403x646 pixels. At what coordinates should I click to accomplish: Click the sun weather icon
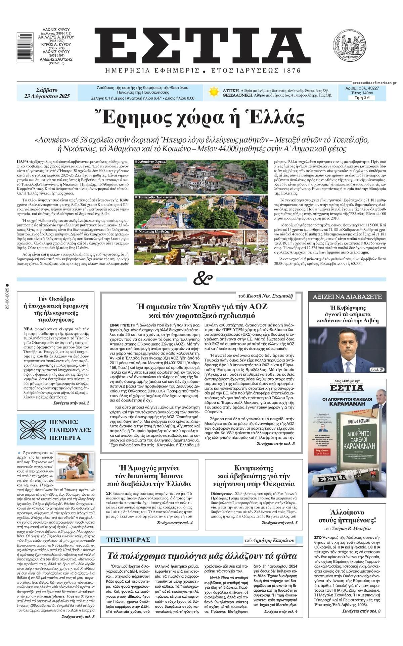pos(213,92)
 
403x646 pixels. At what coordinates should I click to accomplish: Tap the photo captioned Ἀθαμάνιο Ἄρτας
pos(201,176)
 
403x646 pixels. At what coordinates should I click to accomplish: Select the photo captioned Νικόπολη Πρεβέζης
pos(201,246)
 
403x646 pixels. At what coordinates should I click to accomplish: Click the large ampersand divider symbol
pos(203,279)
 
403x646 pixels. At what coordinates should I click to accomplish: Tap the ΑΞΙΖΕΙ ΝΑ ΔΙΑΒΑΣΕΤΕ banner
pos(347,297)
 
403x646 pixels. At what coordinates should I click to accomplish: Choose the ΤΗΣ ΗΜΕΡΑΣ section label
pos(128,540)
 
